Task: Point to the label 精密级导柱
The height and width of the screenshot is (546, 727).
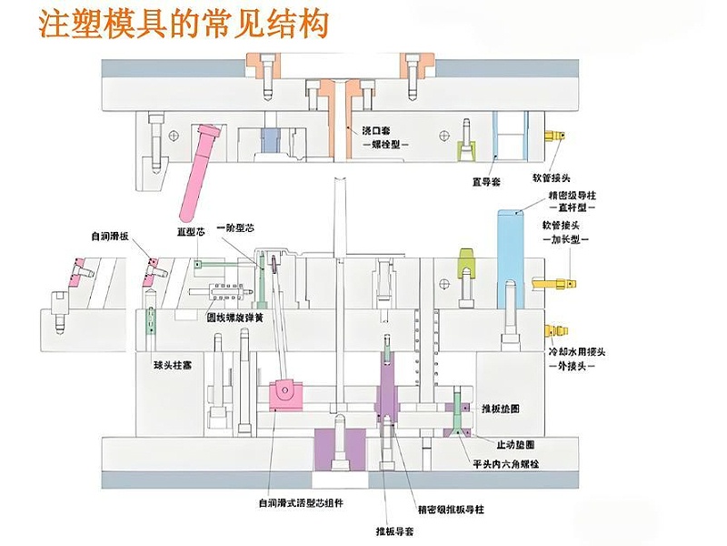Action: tap(572, 195)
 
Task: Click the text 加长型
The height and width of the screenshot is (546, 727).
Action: tap(572, 241)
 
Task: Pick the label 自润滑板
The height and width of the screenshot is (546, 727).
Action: tap(111, 237)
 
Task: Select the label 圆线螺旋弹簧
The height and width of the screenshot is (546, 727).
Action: tap(235, 318)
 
